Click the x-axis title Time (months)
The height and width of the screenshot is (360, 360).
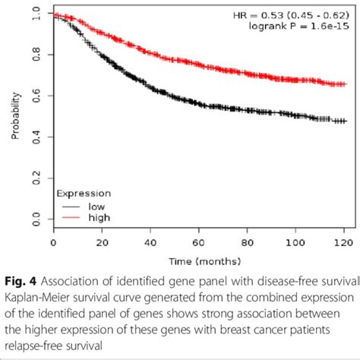(x=200, y=261)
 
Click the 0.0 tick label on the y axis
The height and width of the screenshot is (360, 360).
(x=36, y=220)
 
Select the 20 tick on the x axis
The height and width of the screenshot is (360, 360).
(x=102, y=243)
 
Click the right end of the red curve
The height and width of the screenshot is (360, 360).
(x=346, y=84)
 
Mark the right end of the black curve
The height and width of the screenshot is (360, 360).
(x=346, y=121)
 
